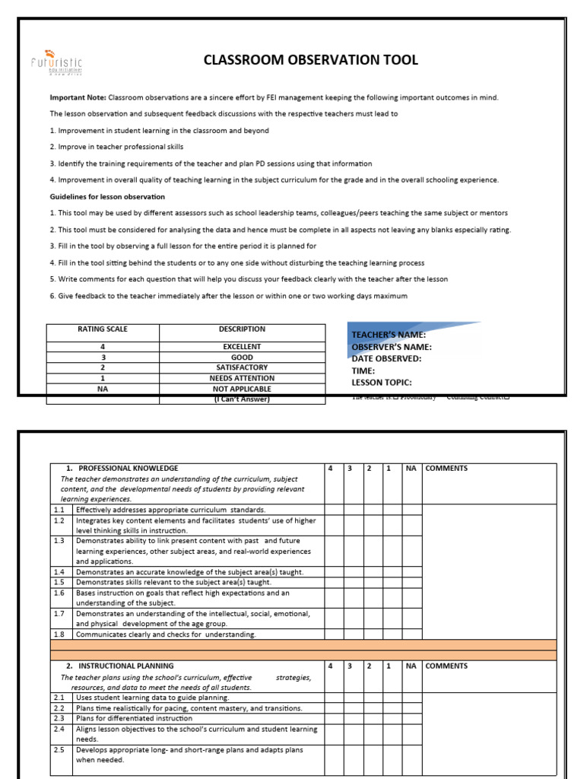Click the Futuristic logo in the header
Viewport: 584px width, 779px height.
(x=57, y=62)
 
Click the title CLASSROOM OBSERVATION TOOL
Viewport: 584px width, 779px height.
(x=310, y=60)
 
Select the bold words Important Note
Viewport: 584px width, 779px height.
(x=78, y=97)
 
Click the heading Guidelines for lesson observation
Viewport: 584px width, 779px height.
(x=107, y=196)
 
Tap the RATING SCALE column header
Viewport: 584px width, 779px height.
(x=103, y=329)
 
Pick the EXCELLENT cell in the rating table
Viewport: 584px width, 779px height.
(x=242, y=346)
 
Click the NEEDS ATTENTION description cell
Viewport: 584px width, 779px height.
(x=242, y=378)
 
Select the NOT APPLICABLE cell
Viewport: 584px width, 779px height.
(x=242, y=389)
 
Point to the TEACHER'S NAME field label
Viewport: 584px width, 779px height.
(x=388, y=335)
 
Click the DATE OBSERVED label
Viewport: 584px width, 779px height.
(x=386, y=358)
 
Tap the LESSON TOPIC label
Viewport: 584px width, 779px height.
(x=381, y=383)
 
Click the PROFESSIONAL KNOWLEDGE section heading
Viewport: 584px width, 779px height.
(x=128, y=469)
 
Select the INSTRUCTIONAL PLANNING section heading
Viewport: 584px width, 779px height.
(x=125, y=666)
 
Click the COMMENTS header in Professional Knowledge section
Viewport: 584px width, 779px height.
(x=446, y=469)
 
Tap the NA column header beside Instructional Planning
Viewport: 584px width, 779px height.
(x=411, y=666)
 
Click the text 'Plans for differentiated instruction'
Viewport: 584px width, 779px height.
(x=135, y=718)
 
